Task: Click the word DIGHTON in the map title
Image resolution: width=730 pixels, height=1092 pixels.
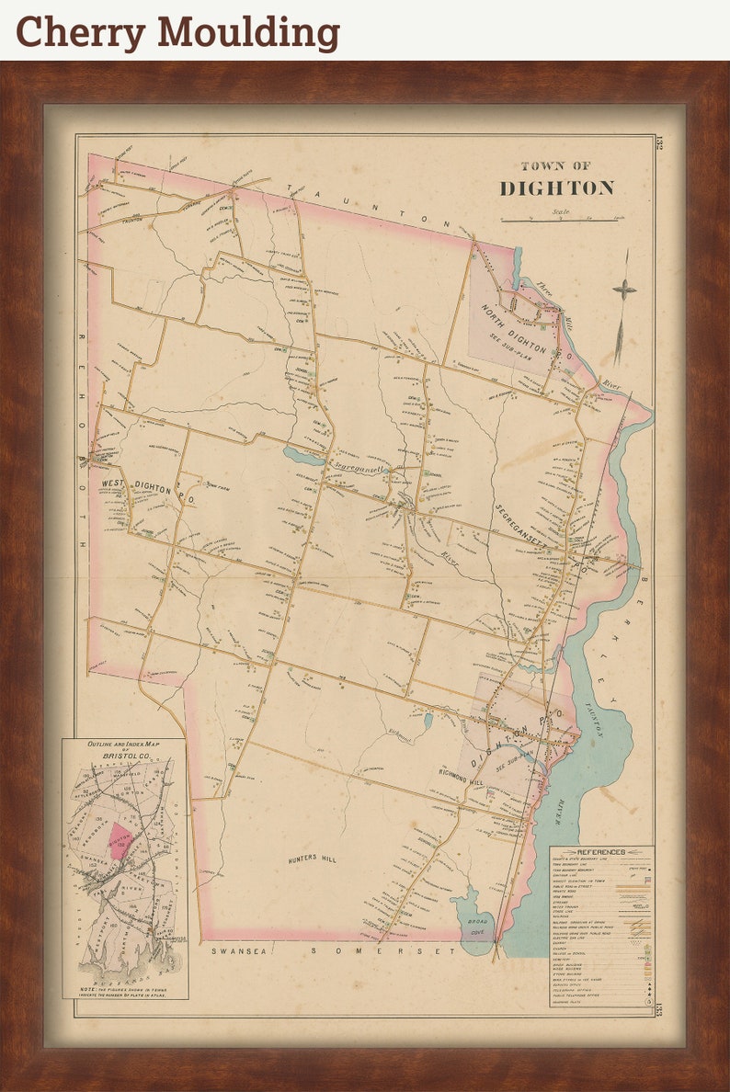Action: [556, 188]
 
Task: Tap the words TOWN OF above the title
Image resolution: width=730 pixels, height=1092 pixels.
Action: [555, 166]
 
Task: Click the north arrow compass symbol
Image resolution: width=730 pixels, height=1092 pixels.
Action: [624, 290]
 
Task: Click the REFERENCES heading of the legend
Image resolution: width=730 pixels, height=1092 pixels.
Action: [601, 852]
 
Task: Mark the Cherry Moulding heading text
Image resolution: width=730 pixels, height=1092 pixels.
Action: [177, 32]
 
